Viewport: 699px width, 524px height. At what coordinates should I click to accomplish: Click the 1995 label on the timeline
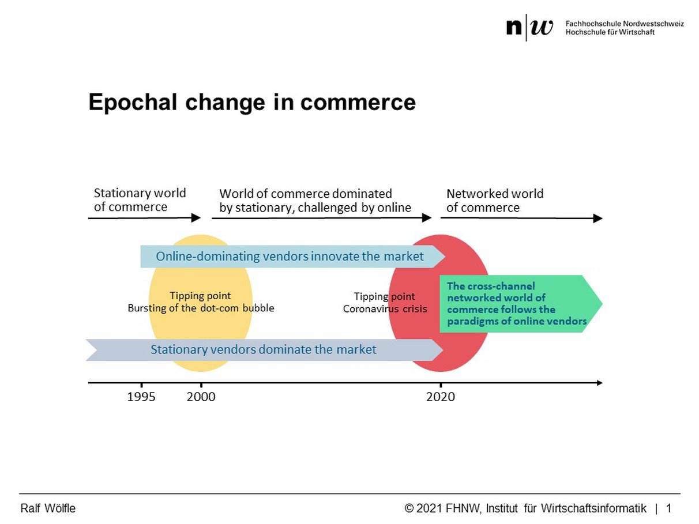point(141,397)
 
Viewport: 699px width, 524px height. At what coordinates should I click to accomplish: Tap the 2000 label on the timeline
point(201,397)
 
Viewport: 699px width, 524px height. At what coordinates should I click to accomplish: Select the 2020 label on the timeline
point(441,397)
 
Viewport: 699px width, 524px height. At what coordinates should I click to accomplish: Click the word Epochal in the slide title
point(133,103)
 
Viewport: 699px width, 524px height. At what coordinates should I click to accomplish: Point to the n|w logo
point(529,27)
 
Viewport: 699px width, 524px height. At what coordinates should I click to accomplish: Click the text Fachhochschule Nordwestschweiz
point(625,24)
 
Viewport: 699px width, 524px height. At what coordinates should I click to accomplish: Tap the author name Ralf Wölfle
point(48,508)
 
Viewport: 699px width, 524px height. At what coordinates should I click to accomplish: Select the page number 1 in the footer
point(669,508)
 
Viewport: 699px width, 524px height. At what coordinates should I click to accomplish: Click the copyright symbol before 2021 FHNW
point(409,508)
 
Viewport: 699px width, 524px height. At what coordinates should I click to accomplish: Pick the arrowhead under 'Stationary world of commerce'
point(196,218)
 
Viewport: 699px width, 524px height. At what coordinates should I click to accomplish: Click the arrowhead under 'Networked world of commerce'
point(597,218)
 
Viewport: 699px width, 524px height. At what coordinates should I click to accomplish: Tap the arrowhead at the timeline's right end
point(600,383)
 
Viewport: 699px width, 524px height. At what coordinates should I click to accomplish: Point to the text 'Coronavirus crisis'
point(385,308)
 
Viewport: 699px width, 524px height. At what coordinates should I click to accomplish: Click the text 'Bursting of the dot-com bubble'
point(201,308)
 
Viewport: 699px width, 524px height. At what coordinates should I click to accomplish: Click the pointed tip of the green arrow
point(602,304)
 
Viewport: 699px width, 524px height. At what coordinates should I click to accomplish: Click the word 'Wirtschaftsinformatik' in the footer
point(593,508)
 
